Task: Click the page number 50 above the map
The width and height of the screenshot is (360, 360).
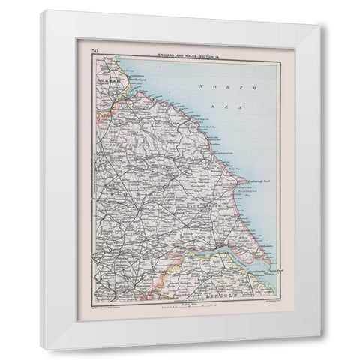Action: click(x=94, y=50)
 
